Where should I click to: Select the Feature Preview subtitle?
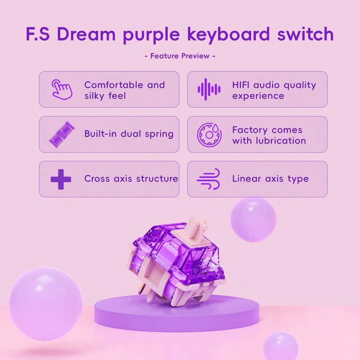click(180, 56)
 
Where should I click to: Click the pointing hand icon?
click(62, 89)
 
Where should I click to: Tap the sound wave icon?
click(209, 89)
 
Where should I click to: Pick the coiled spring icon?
click(62, 134)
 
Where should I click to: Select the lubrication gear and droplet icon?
click(209, 134)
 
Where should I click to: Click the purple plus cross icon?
click(61, 179)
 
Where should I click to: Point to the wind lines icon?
click(209, 179)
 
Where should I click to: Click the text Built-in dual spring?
click(129, 134)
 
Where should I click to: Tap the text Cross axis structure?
click(131, 179)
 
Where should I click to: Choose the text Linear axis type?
click(270, 179)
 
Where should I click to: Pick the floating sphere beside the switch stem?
click(253, 220)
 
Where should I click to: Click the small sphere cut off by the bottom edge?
click(280, 346)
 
